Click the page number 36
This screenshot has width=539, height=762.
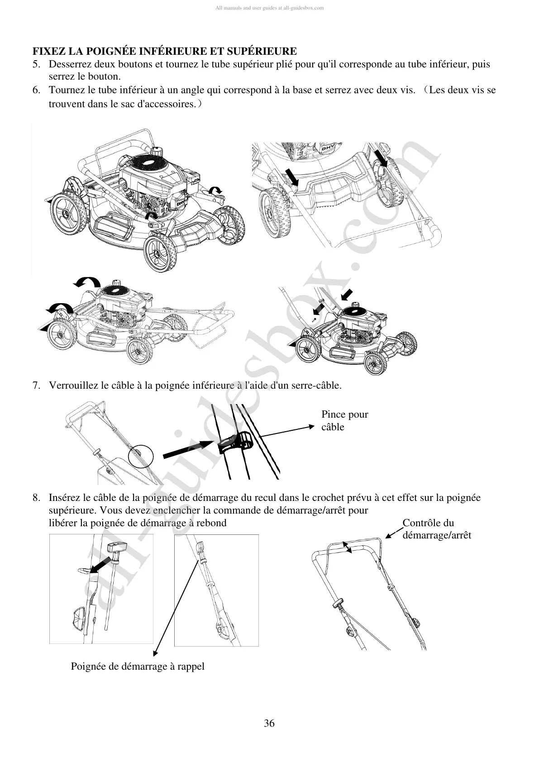[269, 724]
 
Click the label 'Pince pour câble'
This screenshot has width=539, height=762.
[344, 421]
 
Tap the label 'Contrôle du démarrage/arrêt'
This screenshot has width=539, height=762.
[436, 529]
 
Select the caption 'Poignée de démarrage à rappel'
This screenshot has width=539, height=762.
[138, 667]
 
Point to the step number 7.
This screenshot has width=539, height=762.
[36, 386]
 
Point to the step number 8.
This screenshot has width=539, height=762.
[36, 498]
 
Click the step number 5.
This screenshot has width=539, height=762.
[36, 64]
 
